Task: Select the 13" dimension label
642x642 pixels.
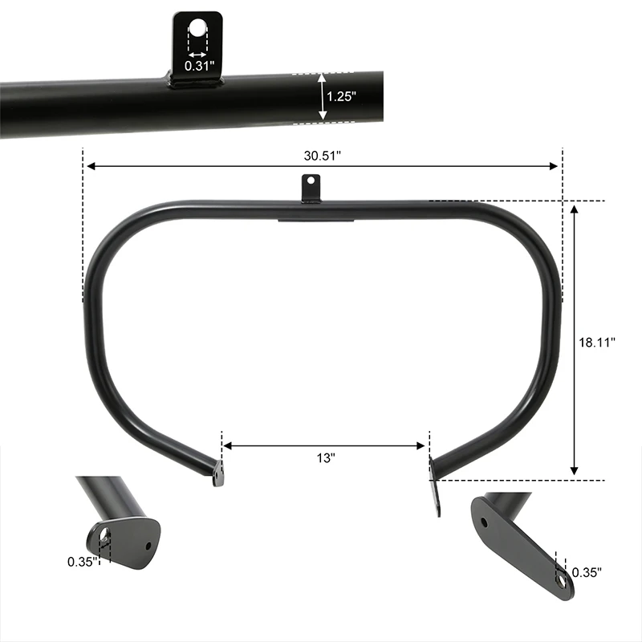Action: point(325,457)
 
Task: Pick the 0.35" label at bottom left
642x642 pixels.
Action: point(82,561)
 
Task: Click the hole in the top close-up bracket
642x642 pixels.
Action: point(197,29)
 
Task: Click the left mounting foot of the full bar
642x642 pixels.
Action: point(218,475)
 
